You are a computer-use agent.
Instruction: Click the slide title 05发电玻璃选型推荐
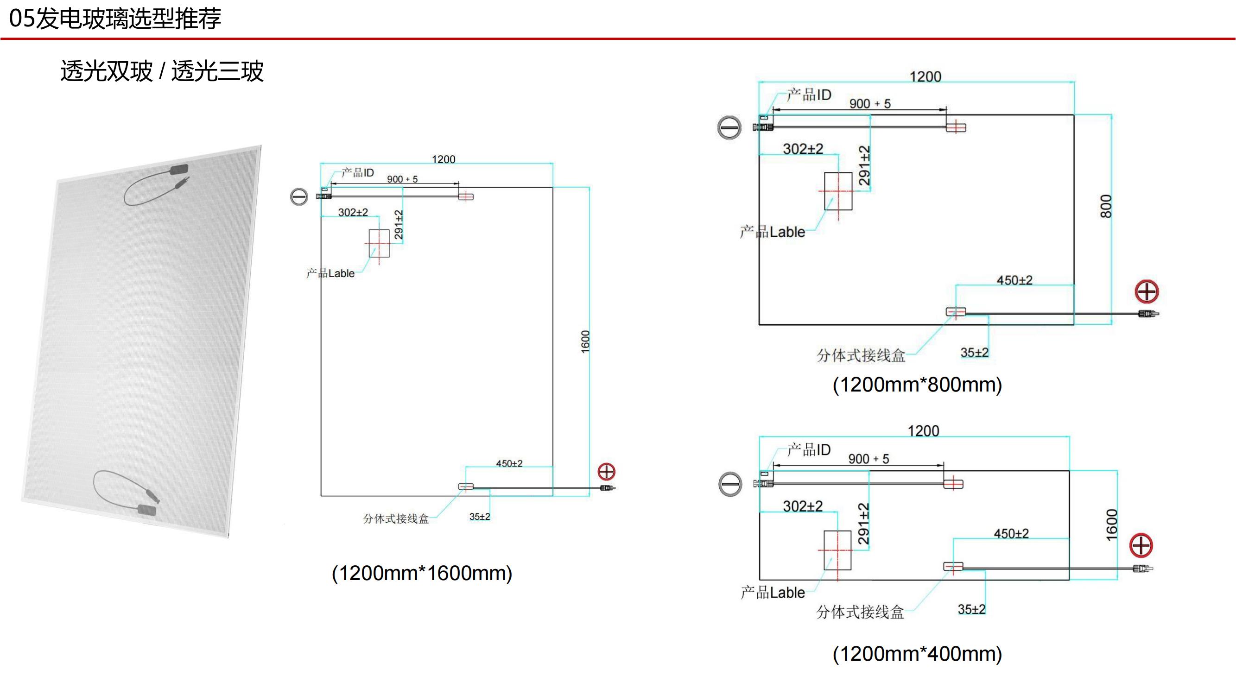[115, 19]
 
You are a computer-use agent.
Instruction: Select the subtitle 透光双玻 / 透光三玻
[162, 71]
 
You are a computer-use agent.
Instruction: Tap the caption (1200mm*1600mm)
[422, 573]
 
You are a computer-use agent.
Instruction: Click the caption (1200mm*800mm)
[918, 385]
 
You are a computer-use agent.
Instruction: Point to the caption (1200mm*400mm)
[918, 654]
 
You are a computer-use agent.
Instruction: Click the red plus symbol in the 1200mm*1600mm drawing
[607, 472]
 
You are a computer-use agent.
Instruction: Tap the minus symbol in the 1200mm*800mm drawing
[729, 127]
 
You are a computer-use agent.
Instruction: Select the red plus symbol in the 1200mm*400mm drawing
[1141, 545]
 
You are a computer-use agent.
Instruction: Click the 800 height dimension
[1105, 206]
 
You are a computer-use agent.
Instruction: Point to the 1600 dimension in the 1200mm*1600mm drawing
[585, 342]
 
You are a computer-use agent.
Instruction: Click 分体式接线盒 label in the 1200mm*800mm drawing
[861, 355]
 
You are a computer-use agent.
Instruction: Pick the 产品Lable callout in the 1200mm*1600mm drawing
[330, 273]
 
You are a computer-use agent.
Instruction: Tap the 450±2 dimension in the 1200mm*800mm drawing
[1014, 280]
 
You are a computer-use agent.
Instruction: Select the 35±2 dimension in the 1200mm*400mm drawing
[972, 609]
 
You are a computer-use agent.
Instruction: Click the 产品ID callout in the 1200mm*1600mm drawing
[357, 173]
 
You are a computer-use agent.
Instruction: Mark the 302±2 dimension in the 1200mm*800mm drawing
[803, 149]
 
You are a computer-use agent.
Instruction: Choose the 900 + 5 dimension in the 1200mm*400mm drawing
[868, 459]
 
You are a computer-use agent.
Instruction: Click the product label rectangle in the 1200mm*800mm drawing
[838, 191]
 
